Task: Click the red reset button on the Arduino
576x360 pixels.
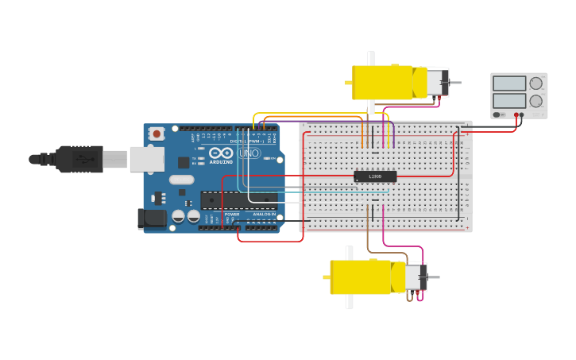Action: click(157, 134)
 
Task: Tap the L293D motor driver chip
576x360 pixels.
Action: click(375, 176)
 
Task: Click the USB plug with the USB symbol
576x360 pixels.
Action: click(79, 159)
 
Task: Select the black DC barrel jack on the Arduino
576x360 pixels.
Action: click(151, 219)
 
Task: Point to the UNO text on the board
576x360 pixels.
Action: click(249, 153)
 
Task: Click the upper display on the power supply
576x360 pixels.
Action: click(509, 83)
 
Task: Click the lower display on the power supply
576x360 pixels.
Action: click(509, 101)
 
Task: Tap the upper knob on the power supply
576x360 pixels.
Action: click(536, 83)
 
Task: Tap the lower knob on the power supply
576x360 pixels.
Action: click(536, 101)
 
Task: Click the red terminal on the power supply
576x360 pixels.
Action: click(516, 114)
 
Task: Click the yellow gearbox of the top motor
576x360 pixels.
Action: click(381, 83)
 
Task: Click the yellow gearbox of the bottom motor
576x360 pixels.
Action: click(360, 277)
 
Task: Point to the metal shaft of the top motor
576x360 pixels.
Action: click(454, 83)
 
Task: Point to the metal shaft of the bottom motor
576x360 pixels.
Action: click(433, 277)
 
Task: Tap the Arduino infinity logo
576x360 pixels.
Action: click(222, 153)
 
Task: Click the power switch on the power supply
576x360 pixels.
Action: click(498, 114)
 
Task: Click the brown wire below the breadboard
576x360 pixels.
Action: click(369, 238)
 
